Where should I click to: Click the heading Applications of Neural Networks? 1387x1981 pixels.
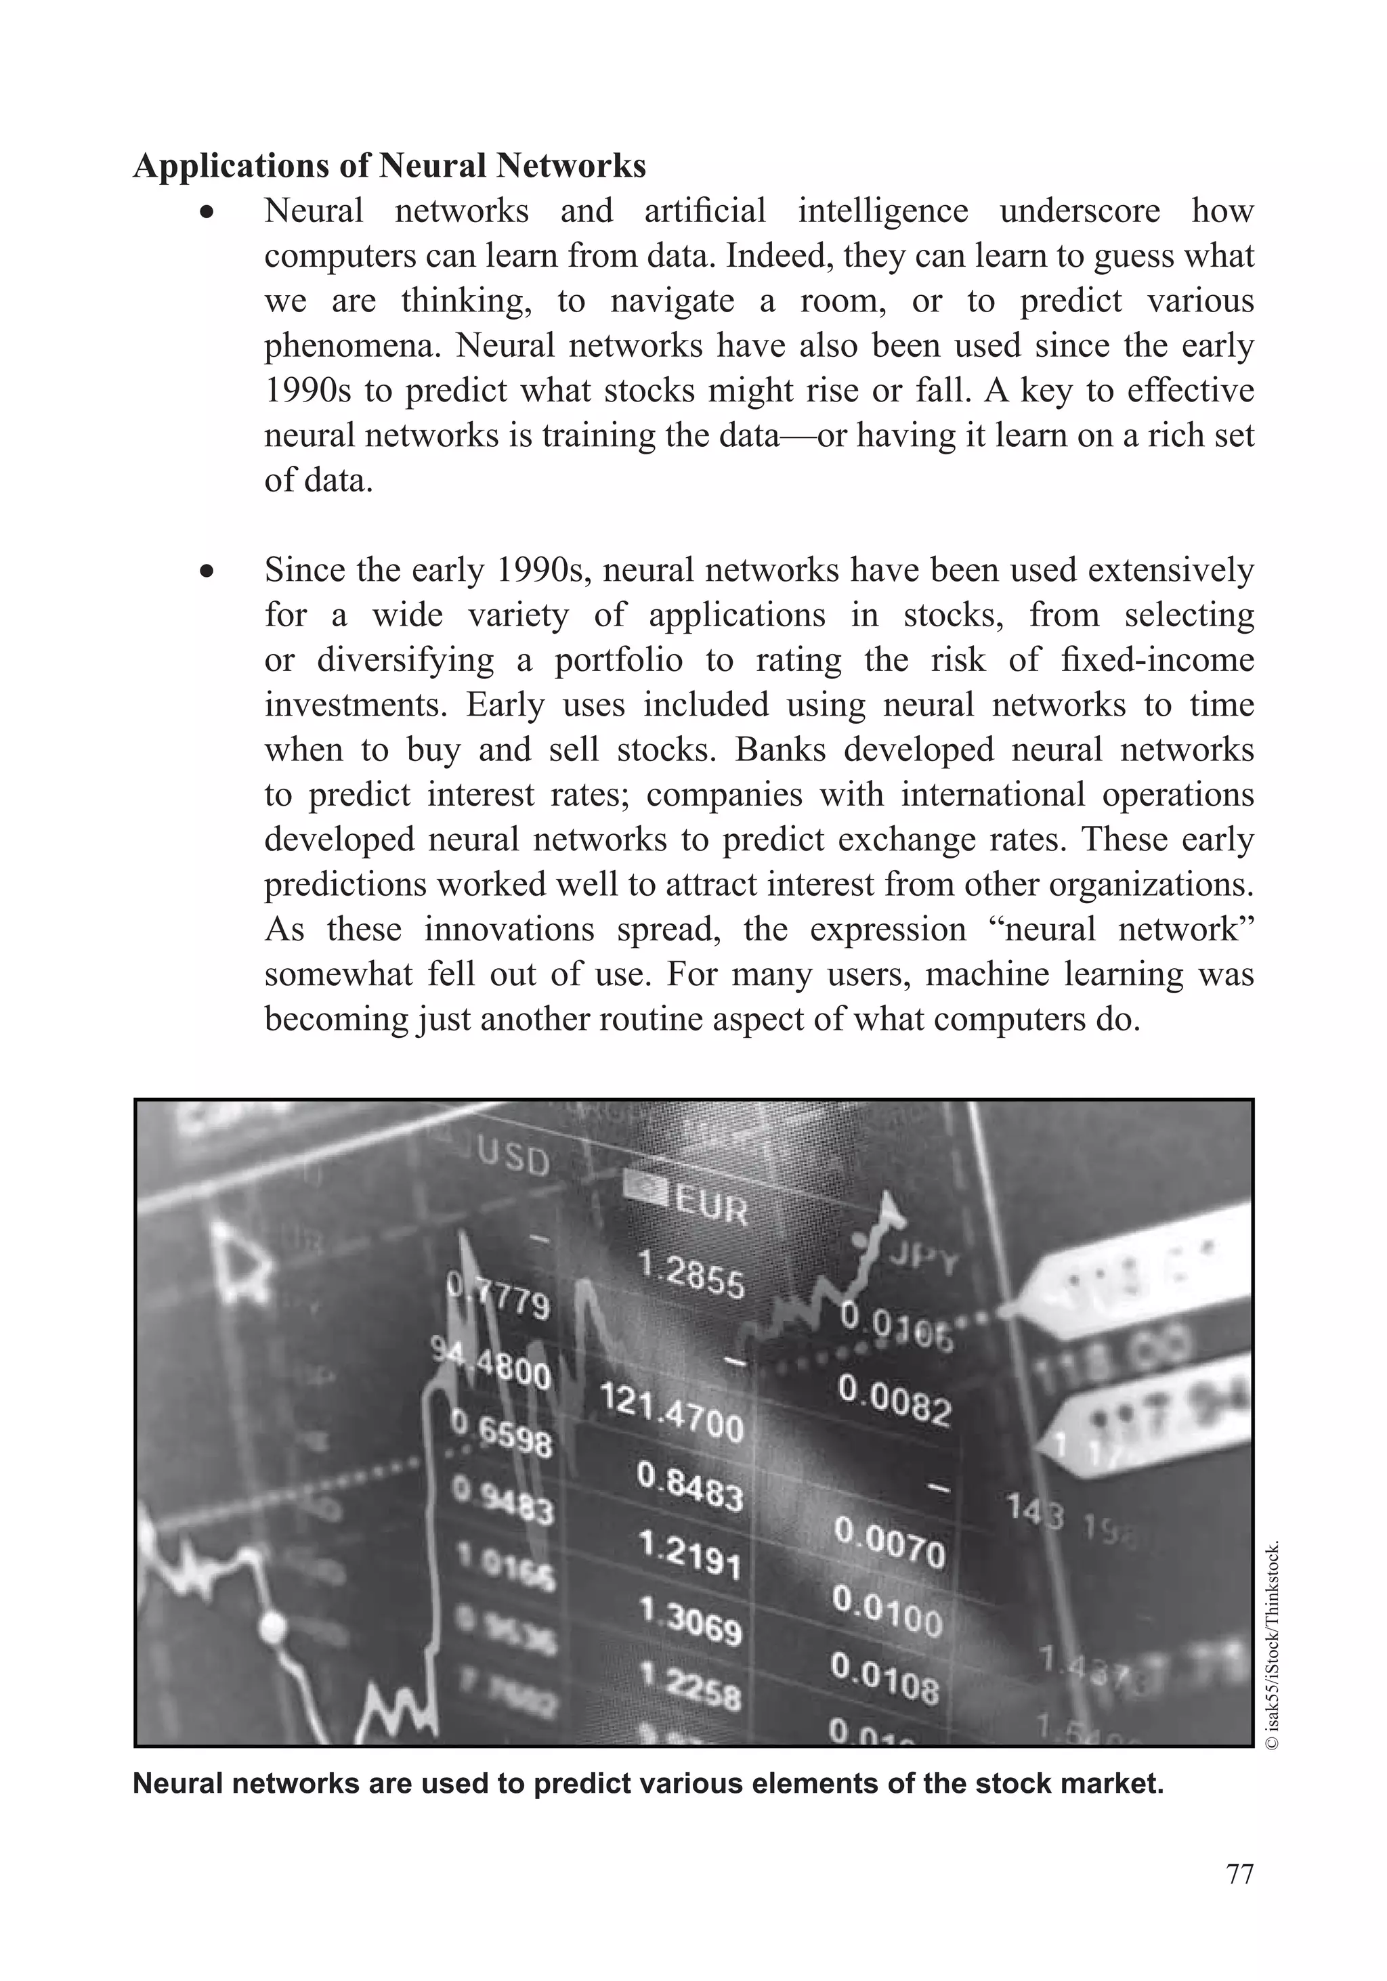coord(389,166)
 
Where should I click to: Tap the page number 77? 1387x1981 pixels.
coord(1239,1874)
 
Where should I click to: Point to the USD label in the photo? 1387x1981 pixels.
coord(513,1159)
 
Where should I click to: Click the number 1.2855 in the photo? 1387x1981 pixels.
coord(691,1277)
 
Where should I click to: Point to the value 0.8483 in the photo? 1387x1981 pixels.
coord(689,1485)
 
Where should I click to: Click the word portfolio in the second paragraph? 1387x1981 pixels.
coord(618,660)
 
